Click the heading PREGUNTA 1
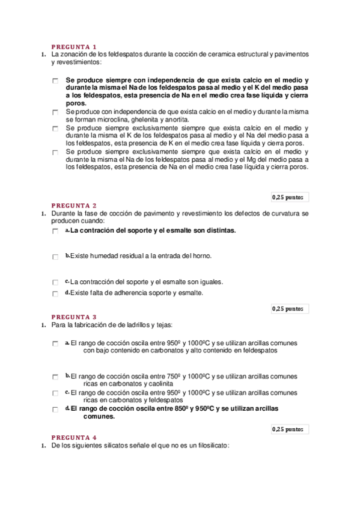(74, 47)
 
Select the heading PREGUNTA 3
(74, 317)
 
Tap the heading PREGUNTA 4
(74, 437)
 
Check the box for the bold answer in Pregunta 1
(55, 81)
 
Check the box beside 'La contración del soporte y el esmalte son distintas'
(55, 232)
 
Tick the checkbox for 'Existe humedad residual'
(55, 257)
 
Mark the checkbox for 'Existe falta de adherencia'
(55, 294)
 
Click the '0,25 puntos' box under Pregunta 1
(288, 197)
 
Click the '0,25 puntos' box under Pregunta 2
(288, 309)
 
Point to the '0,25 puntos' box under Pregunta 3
(288, 429)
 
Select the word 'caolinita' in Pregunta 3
(159, 383)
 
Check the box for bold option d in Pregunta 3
(55, 410)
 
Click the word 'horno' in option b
(201, 256)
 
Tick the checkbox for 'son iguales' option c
(55, 282)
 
